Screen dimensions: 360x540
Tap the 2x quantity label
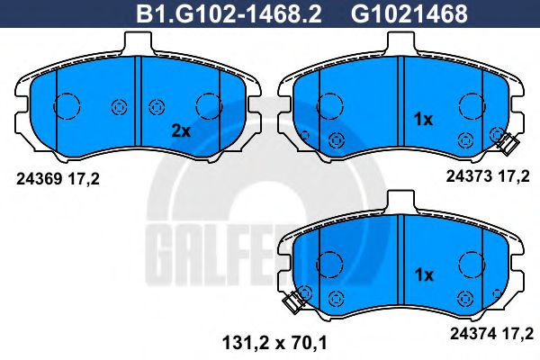182,130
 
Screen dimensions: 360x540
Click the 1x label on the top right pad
423,120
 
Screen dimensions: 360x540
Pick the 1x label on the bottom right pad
423,274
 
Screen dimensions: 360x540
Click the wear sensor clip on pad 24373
505,140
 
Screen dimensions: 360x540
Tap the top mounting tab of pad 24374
402,200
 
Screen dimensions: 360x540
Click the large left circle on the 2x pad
67,107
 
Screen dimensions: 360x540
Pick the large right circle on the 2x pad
208,106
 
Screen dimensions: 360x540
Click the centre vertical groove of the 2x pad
135,104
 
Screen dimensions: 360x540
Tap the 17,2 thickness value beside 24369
83,179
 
